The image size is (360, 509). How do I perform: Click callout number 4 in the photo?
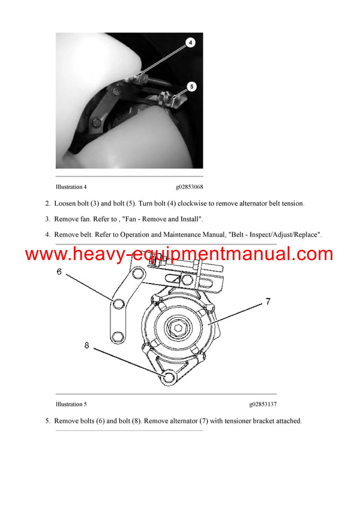(x=190, y=43)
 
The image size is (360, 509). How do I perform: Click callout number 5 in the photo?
(x=191, y=86)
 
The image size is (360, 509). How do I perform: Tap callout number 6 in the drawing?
(x=59, y=272)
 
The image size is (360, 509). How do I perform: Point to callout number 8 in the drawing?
(x=87, y=345)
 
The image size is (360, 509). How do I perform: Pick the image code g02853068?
(x=189, y=187)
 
